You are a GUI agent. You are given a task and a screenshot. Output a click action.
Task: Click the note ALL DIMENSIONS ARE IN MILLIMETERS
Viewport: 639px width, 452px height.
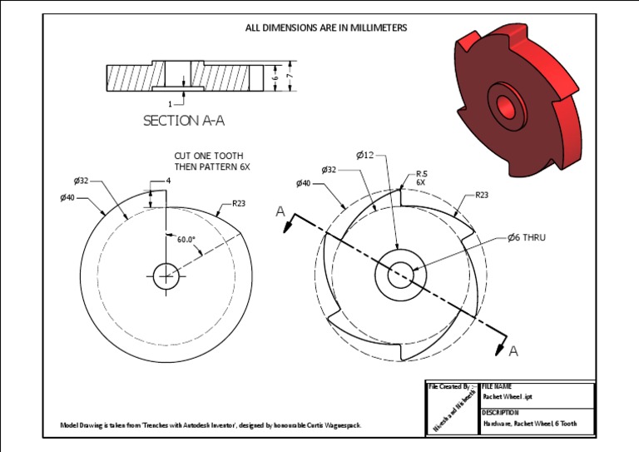[325, 27]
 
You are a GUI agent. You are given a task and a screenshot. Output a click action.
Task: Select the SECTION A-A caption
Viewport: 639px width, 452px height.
[184, 121]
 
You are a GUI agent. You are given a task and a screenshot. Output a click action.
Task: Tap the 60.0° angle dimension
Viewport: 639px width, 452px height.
[186, 240]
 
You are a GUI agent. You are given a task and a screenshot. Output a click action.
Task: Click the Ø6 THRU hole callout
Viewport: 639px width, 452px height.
[527, 237]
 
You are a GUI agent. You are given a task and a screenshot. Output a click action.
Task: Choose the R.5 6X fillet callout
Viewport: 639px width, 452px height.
[421, 177]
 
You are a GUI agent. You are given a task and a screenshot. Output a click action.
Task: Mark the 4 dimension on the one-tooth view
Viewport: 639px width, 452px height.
[168, 181]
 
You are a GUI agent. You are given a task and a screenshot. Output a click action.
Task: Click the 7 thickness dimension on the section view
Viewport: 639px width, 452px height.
[289, 77]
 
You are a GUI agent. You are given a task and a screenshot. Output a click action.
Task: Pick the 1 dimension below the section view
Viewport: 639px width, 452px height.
[170, 104]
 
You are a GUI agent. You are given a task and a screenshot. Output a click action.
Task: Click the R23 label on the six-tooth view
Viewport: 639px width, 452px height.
[482, 195]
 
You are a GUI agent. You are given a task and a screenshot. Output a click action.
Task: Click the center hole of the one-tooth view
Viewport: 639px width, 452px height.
[166, 272]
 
